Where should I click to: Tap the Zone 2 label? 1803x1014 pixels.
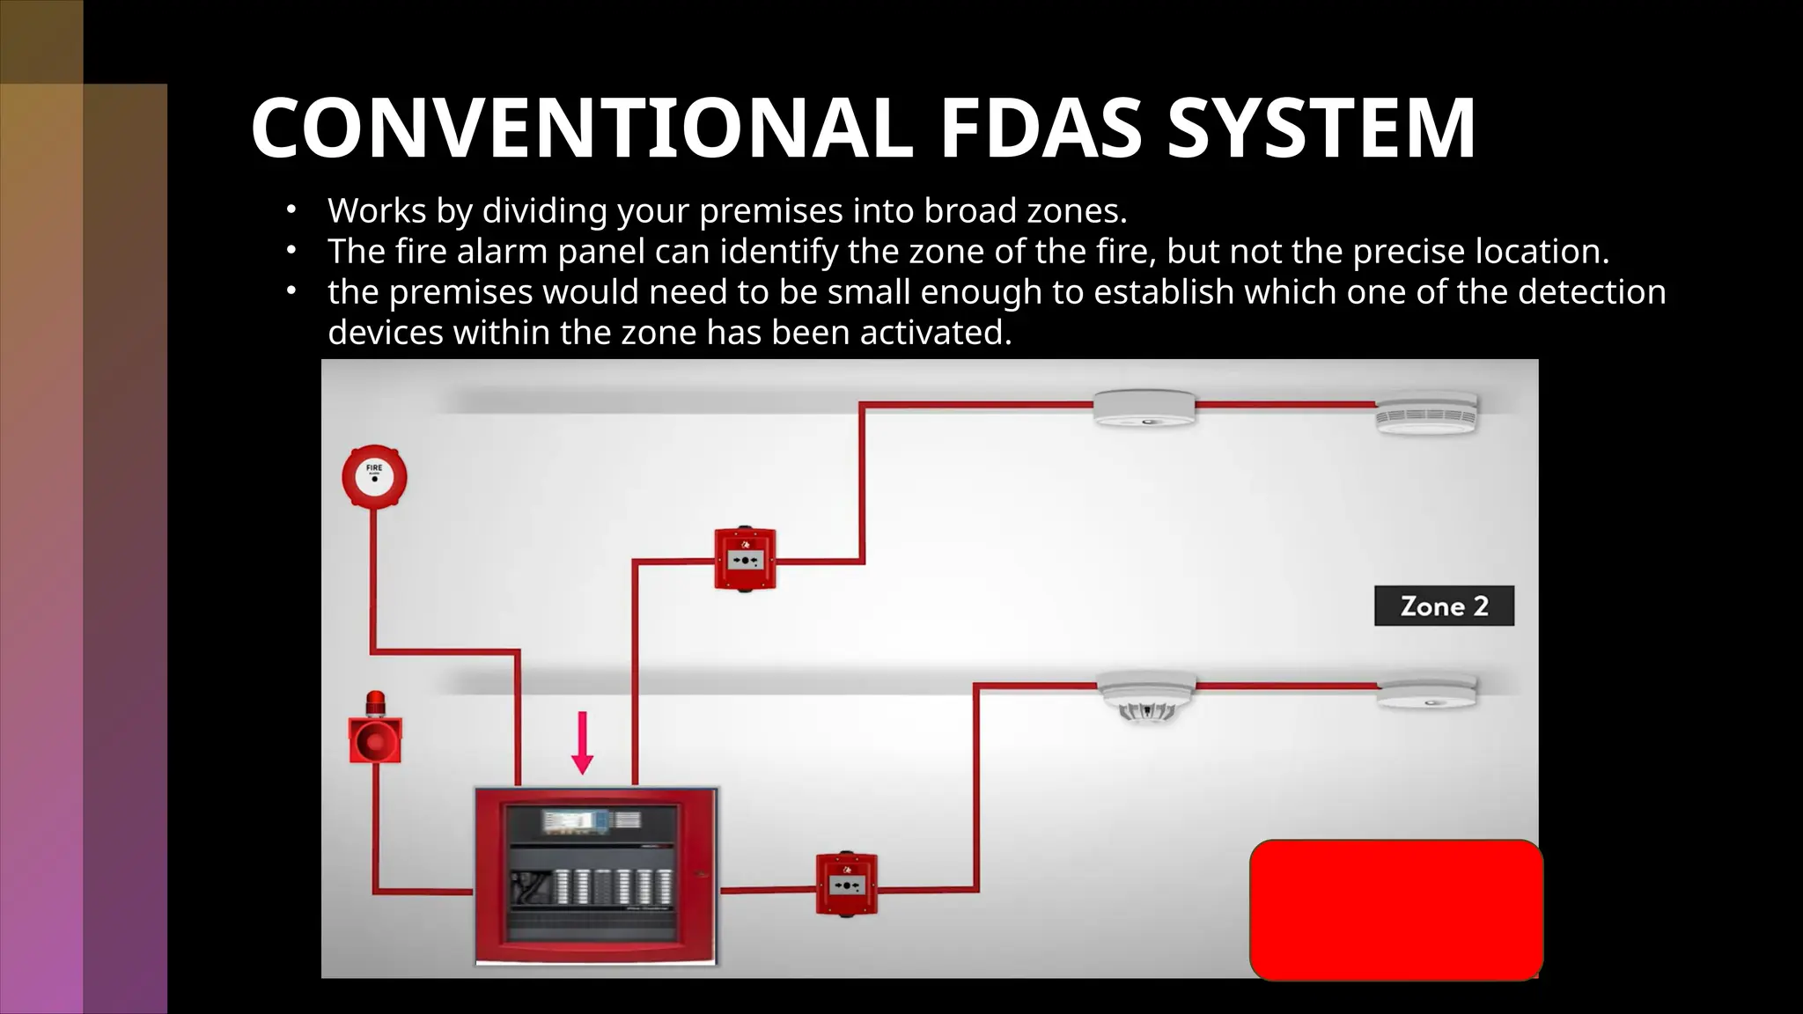tap(1444, 606)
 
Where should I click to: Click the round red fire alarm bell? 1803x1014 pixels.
tap(374, 476)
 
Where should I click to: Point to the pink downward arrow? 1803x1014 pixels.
tap(582, 743)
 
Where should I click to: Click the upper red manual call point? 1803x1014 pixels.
tap(745, 559)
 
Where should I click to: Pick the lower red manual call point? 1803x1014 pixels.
tap(846, 884)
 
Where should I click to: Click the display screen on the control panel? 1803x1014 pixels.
tap(576, 821)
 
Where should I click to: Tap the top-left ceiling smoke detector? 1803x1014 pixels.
tap(1144, 408)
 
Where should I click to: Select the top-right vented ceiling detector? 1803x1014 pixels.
tap(1426, 412)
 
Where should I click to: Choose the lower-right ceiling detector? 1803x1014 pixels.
tap(1426, 692)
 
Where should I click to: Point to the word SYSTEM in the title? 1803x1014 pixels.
tap(1321, 129)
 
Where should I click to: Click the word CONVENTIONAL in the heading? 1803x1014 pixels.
tap(581, 129)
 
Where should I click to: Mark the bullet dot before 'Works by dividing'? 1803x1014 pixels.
tap(290, 210)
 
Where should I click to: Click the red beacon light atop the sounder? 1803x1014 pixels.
tap(375, 702)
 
